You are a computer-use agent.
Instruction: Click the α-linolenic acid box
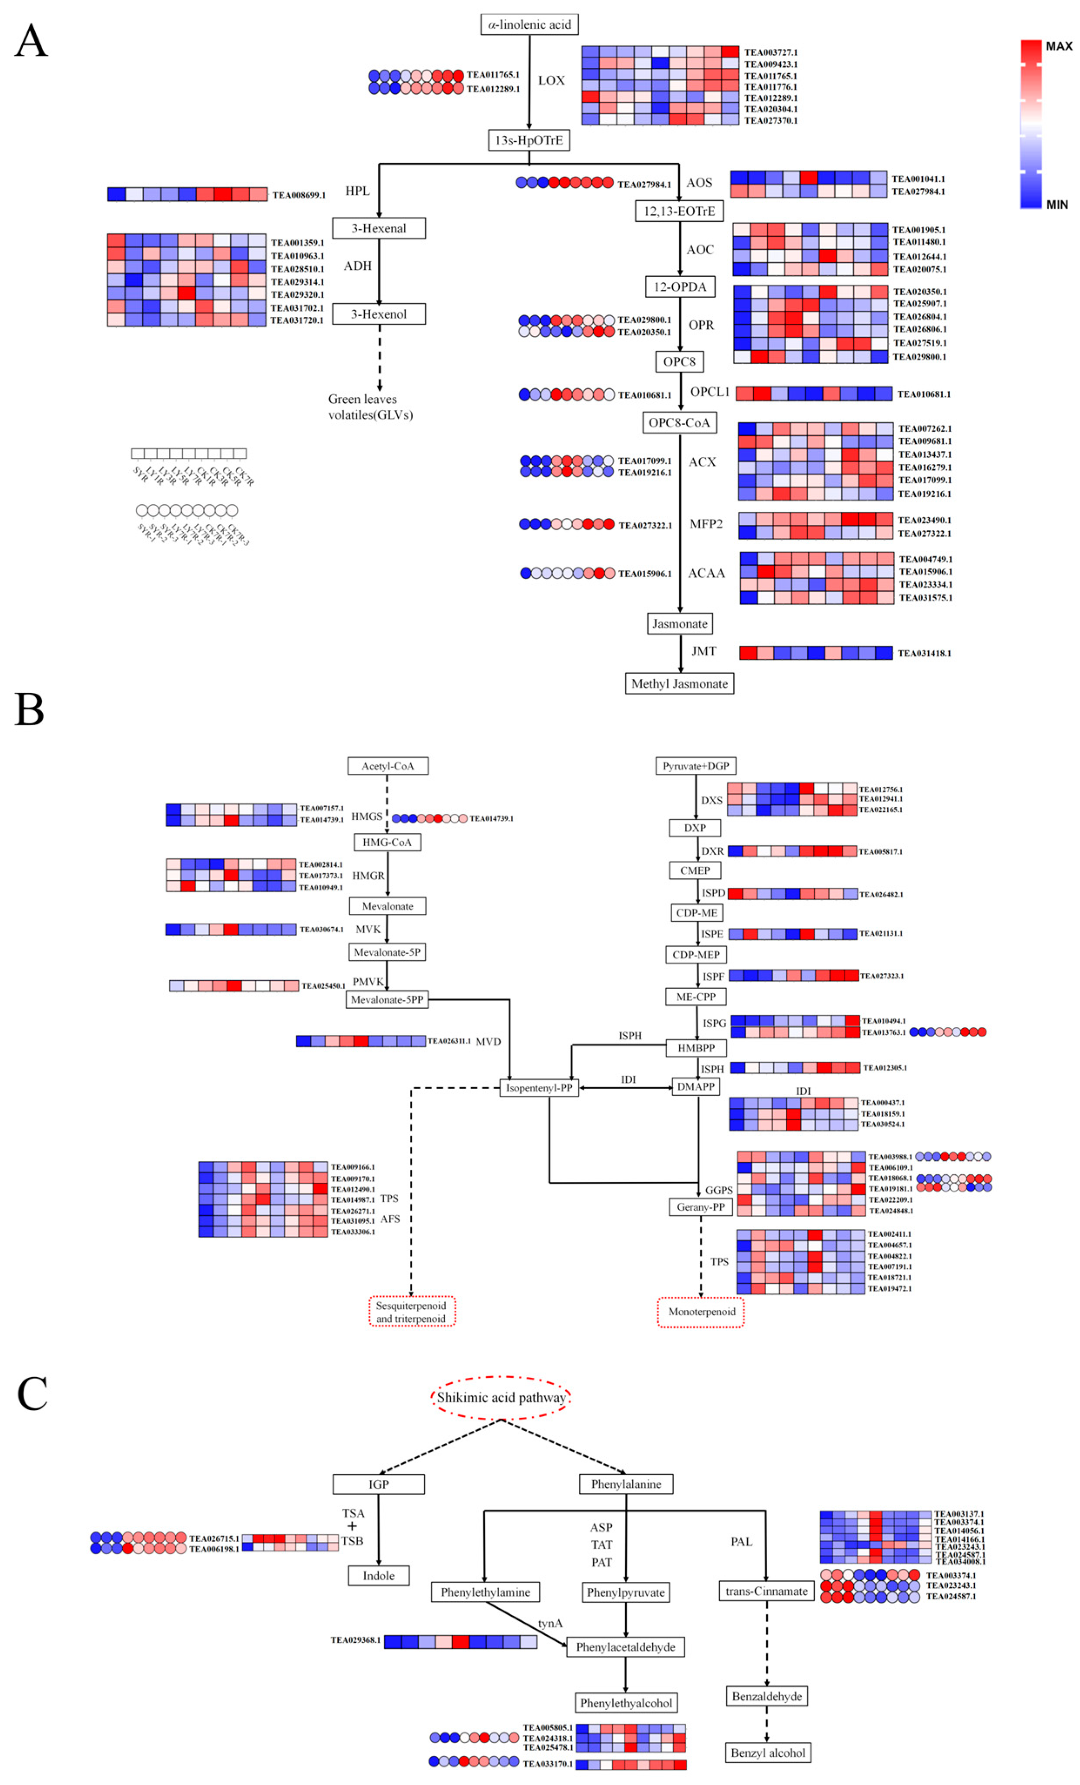529,25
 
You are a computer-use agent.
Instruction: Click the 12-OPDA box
679,287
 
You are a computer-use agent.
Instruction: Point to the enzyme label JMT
703,651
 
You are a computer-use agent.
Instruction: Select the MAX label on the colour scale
1058,47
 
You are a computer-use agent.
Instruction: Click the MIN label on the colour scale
1057,205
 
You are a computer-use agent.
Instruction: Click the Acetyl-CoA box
388,766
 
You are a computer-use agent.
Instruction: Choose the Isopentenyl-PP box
539,1087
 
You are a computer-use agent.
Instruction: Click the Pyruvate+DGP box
695,766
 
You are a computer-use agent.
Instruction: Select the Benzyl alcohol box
767,1752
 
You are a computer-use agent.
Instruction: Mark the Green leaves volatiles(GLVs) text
370,407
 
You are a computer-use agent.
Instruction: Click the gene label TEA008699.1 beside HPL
299,195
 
